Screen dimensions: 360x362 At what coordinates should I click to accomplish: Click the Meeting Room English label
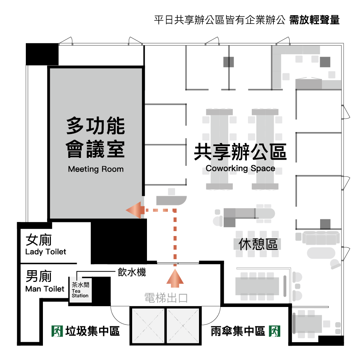point(96,169)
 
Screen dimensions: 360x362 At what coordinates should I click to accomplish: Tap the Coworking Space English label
point(240,168)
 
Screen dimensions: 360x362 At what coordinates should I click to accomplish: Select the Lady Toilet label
point(46,252)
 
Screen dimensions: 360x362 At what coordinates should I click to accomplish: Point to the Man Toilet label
point(45,289)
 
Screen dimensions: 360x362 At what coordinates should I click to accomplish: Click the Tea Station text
point(80,293)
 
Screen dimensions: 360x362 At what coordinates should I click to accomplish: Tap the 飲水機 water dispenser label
point(132,272)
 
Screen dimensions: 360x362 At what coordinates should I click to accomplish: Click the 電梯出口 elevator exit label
point(166,298)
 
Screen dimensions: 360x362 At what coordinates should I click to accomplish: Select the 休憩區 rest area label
point(258,244)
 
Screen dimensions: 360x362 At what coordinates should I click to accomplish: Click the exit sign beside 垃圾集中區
point(57,331)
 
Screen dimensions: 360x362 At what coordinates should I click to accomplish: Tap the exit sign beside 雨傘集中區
point(275,331)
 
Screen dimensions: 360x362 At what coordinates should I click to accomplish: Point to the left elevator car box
point(148,326)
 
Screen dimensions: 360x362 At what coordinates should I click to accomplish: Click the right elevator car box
point(183,326)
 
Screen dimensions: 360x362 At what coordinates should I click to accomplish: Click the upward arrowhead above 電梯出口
point(175,278)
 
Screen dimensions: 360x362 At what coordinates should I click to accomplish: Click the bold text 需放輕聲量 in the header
point(314,20)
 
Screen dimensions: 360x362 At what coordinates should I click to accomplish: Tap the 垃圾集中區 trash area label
point(93,331)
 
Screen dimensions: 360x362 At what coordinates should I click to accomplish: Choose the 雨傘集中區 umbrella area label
point(238,331)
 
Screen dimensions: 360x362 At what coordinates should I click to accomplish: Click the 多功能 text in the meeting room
point(96,126)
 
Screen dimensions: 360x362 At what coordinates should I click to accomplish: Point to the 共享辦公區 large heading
point(240,152)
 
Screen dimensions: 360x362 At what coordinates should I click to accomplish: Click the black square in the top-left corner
point(42,54)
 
